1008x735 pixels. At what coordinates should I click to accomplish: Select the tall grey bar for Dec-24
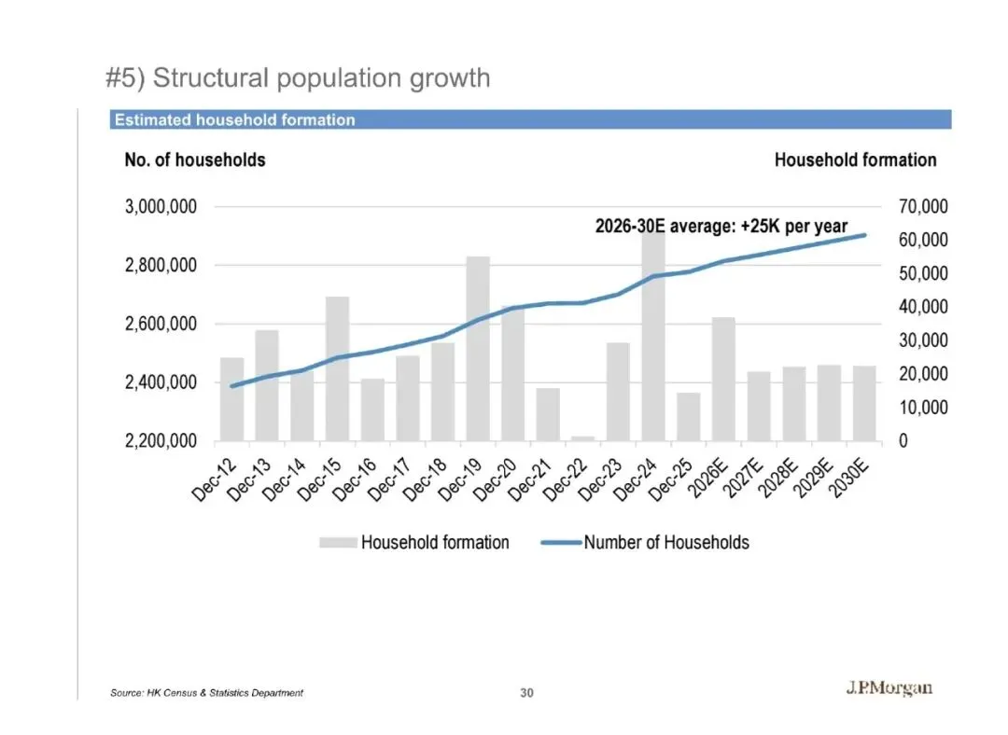[x=653, y=336]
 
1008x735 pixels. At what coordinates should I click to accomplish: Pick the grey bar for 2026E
[x=723, y=379]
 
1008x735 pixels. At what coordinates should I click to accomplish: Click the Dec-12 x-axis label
[x=215, y=482]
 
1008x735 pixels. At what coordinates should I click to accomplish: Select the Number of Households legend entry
[x=665, y=542]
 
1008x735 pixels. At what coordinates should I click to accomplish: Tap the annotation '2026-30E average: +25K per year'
[x=721, y=226]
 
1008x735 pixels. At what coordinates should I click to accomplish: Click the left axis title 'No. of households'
[x=194, y=159]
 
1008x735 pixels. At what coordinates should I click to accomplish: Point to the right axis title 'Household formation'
[x=855, y=159]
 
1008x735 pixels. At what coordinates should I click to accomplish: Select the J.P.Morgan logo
[x=889, y=689]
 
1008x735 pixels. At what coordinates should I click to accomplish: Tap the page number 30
[x=527, y=693]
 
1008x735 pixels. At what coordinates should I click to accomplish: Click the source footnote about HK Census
[x=206, y=693]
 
